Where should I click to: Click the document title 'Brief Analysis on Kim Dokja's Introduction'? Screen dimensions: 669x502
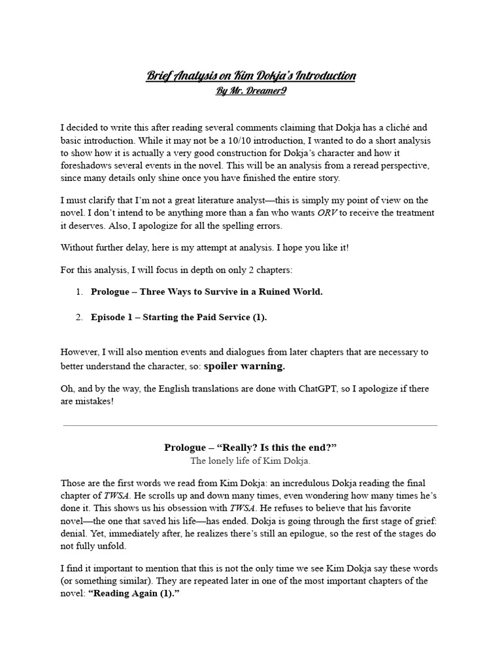coord(251,76)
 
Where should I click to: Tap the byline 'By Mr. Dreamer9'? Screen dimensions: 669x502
coord(251,91)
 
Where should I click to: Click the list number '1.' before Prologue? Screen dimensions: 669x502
coord(78,292)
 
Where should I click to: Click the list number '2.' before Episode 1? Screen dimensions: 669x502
coord(78,318)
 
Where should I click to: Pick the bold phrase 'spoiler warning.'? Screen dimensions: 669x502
coord(244,366)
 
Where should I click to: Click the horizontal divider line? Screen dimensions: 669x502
coord(251,426)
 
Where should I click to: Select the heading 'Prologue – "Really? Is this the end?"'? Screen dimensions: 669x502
coord(251,448)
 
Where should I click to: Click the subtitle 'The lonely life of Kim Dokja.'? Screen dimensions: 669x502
coord(251,461)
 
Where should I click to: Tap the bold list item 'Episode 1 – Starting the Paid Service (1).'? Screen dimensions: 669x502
coord(179,318)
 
